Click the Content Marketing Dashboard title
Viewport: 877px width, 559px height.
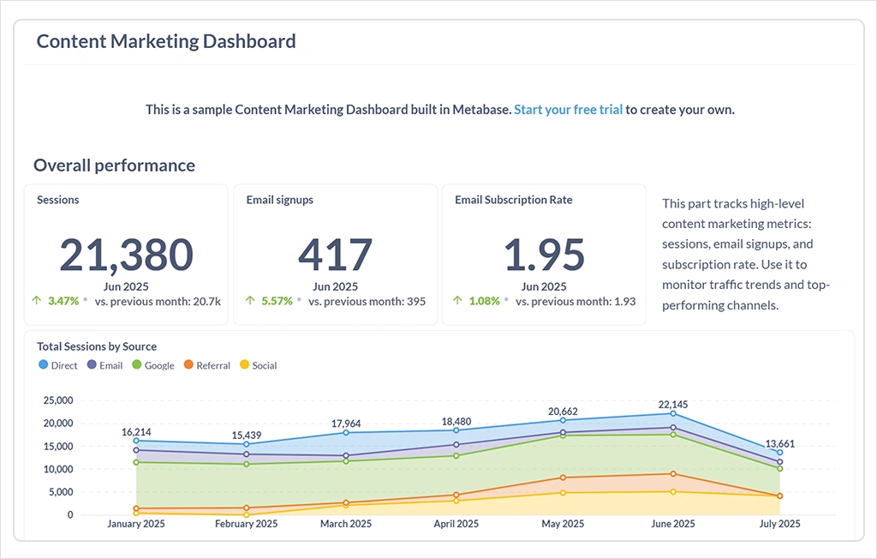[166, 41]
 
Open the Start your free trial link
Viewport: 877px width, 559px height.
[568, 110]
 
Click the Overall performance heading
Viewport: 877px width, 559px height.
[114, 165]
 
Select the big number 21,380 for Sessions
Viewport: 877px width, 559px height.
[127, 255]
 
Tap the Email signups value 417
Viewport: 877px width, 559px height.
[335, 255]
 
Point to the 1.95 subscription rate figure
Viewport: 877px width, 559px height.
[544, 255]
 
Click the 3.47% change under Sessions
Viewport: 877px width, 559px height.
[63, 301]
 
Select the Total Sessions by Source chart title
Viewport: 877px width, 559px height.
[97, 346]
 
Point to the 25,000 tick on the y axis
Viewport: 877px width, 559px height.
[58, 400]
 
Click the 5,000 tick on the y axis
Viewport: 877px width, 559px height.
[62, 492]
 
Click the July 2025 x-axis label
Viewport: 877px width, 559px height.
[779, 524]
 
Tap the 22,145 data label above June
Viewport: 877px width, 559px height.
[672, 404]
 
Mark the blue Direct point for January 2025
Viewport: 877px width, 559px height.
[136, 441]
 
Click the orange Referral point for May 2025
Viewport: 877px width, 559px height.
[564, 478]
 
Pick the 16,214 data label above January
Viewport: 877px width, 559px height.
[136, 432]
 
